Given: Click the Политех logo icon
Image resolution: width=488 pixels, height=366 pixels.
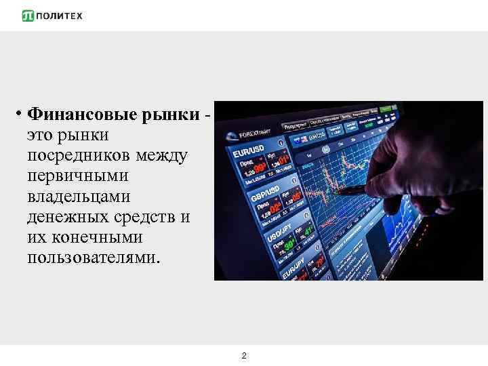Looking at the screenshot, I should (28, 16).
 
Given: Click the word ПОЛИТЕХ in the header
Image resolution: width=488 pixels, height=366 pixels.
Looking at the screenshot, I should (60, 16).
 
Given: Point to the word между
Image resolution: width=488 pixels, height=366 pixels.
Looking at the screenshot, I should (163, 156).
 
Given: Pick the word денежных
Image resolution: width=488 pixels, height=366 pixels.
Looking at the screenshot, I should (66, 218).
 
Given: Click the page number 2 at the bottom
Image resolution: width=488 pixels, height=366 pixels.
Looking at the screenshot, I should (244, 355).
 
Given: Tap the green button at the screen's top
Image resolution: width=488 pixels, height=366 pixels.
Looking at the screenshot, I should (386, 108).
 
